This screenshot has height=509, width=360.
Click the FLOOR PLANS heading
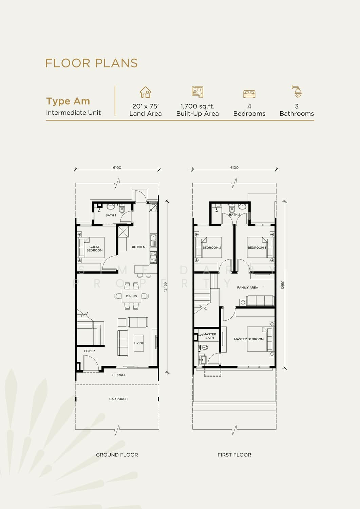click(91, 63)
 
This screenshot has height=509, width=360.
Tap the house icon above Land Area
click(146, 92)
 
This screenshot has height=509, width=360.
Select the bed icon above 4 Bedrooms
click(249, 94)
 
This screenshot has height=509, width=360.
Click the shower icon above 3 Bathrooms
click(297, 91)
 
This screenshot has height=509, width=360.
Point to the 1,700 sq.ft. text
click(197, 106)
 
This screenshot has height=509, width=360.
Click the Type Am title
click(68, 101)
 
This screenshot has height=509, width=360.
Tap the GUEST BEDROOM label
click(95, 248)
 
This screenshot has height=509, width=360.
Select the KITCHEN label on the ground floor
click(139, 247)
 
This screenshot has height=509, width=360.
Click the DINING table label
click(131, 296)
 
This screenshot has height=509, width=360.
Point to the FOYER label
click(90, 351)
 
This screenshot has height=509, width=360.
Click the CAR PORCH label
click(118, 399)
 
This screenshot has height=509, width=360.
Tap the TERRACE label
click(119, 375)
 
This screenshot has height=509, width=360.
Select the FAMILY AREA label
click(247, 287)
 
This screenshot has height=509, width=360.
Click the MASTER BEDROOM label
click(249, 339)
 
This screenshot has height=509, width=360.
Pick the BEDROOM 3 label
click(257, 247)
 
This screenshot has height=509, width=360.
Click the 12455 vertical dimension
click(166, 287)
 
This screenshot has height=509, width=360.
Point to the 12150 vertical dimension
click(283, 285)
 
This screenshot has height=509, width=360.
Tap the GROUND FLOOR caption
click(117, 455)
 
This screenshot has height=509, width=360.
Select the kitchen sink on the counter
click(153, 240)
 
